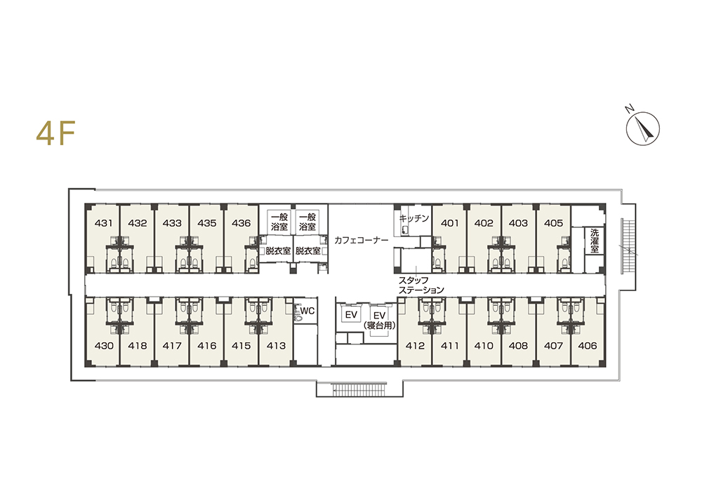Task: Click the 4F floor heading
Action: tap(55, 133)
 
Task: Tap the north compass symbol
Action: tap(642, 128)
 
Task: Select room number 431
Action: tap(104, 223)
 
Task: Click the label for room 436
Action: tap(241, 223)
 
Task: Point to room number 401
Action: tap(449, 223)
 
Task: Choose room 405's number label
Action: tap(553, 223)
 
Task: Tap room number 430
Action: tap(104, 345)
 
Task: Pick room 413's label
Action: tap(276, 345)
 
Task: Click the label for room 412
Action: tap(415, 345)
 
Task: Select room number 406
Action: tap(588, 345)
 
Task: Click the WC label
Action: tap(307, 311)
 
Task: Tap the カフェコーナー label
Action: tap(362, 240)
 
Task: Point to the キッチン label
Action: tap(414, 218)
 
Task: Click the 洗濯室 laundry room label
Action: tap(595, 241)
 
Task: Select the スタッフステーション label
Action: tap(421, 285)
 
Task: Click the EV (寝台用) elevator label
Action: tap(380, 321)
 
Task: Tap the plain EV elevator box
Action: tap(351, 315)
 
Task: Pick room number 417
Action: tap(172, 345)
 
